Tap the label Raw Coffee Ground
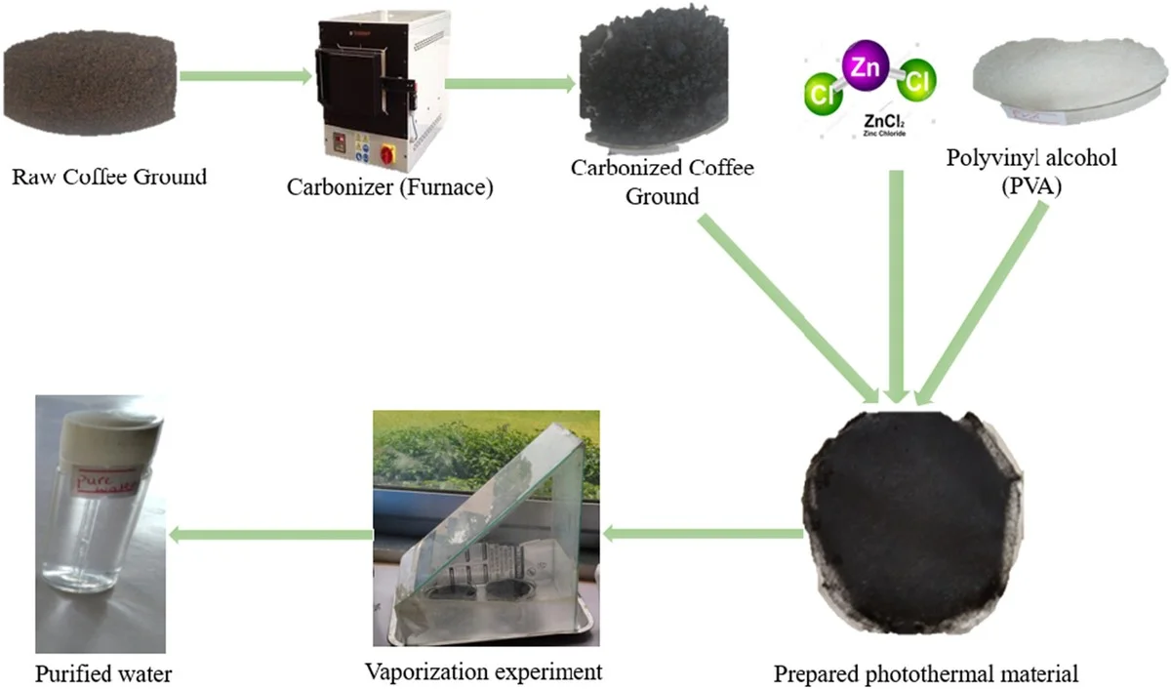[109, 177]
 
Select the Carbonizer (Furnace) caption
[389, 185]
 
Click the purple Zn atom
[865, 67]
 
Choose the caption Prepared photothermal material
[926, 673]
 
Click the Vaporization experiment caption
[483, 671]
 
